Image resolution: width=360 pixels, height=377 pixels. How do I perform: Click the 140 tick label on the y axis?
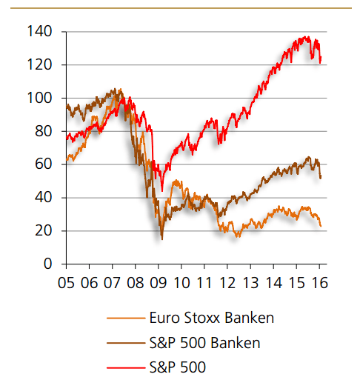tap(39, 32)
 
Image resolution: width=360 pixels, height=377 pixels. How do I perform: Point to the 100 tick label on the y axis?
tap(39, 98)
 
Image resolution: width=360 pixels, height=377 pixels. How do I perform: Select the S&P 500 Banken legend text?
tap(204, 342)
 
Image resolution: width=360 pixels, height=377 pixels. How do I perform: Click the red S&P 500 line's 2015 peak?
tap(306, 36)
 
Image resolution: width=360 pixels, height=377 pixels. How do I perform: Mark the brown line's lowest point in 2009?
tap(162, 238)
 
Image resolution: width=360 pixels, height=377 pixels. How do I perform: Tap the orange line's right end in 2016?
tap(321, 226)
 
